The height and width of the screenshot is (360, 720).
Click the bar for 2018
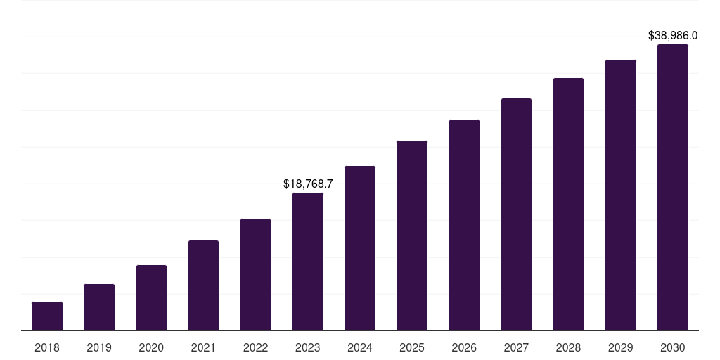47,316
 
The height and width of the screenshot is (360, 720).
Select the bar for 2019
99,307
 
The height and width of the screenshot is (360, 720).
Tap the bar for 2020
151,298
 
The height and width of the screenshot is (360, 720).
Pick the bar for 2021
203,285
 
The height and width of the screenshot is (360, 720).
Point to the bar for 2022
255,275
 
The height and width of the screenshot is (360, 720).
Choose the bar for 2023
308,262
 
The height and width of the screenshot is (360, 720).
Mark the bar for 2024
360,248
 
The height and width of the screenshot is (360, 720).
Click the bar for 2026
464,225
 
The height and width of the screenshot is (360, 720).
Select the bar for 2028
568,205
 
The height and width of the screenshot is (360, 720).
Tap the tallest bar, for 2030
673,188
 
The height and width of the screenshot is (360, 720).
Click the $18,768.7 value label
308,184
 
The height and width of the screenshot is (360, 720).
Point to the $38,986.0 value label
673,35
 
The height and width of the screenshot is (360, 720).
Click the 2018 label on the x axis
47,347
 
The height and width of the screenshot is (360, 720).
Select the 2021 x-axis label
203,347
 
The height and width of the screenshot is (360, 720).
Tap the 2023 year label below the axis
308,347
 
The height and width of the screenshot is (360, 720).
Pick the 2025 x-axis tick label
412,347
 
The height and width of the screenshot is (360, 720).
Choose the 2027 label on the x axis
516,347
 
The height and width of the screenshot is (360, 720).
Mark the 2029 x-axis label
621,347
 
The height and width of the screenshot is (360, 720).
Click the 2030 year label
673,347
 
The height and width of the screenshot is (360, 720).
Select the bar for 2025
412,236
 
